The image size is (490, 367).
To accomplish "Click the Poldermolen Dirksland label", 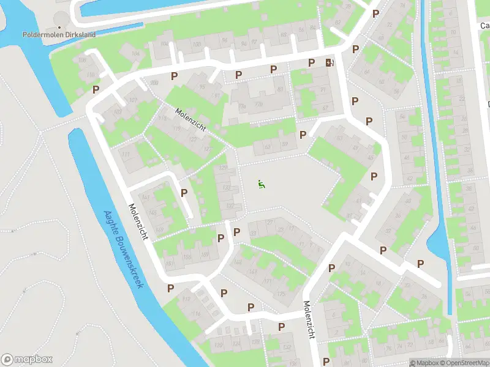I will pos(59,35).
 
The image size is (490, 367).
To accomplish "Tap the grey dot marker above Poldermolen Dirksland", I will pos(59,27).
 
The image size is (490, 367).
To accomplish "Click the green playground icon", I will pos(262,183).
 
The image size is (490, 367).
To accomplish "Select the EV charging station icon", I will pos(330,62).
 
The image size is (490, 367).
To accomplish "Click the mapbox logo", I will pos(27,360).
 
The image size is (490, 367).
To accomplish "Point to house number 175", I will pos(281,294).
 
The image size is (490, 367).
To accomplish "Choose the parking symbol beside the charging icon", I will pos(311,62).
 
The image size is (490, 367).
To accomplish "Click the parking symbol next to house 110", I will pos(96,89).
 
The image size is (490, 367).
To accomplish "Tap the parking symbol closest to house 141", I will pos(184,193).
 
